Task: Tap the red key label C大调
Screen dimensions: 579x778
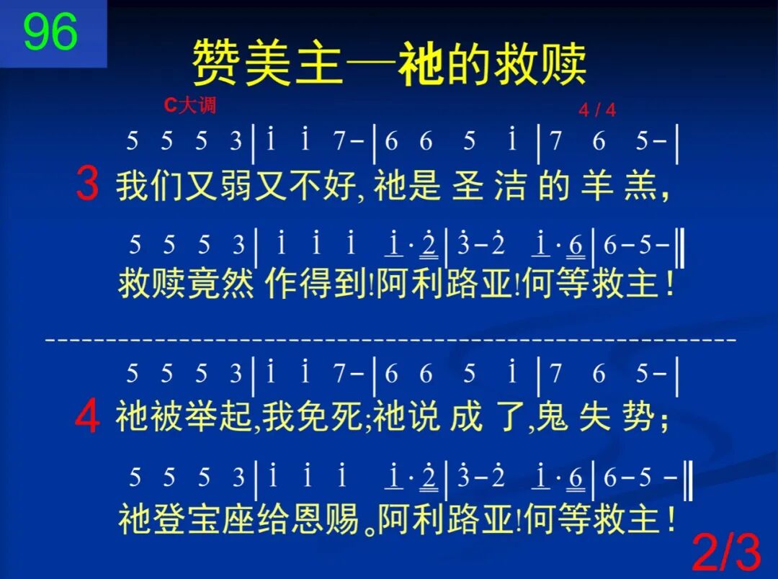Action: pos(189,106)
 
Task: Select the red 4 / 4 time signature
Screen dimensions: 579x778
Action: pos(597,110)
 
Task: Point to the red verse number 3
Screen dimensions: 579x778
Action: pos(87,184)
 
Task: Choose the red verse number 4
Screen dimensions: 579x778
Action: pos(87,418)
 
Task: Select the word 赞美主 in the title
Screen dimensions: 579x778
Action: pos(267,63)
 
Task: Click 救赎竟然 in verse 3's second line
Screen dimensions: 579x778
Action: pos(187,285)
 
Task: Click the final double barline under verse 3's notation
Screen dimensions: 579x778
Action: pos(681,248)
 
